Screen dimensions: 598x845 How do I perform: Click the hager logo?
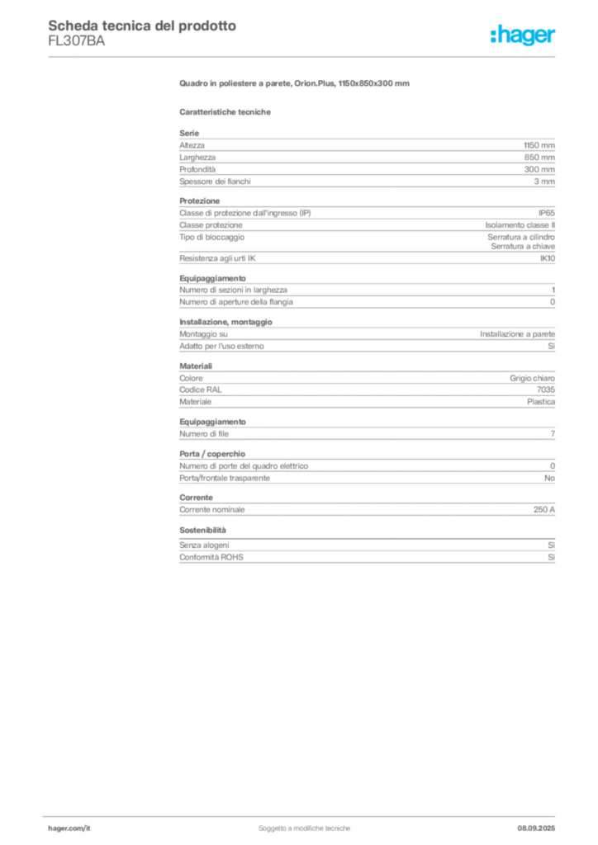pos(523,35)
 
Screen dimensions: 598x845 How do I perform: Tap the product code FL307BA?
pos(77,41)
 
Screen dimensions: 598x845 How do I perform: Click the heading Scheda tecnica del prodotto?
pos(142,26)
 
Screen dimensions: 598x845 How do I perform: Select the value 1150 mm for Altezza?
pos(539,145)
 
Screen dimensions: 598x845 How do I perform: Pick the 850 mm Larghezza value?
pos(539,158)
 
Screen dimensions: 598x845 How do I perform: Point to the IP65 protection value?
pos(547,213)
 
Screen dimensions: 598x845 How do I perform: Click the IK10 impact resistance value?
pos(548,258)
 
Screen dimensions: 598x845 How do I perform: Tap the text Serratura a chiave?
pos(523,246)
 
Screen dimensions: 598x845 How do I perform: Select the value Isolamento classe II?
pos(520,225)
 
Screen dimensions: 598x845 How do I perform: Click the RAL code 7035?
pos(546,389)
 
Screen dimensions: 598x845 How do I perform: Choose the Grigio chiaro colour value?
pos(532,378)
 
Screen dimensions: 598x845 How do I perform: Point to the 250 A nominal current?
pos(544,509)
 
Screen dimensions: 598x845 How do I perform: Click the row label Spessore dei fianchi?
pos(215,182)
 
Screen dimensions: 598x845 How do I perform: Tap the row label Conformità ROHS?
pos(211,557)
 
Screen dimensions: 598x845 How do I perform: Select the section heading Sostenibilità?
pos(202,531)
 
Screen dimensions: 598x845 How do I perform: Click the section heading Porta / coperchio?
pos(212,454)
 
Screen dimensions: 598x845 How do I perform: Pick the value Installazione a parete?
pos(518,334)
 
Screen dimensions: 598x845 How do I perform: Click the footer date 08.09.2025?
pos(536,828)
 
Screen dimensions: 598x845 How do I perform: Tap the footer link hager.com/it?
pos(69,828)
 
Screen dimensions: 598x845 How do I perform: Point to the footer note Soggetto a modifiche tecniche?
pos(304,828)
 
